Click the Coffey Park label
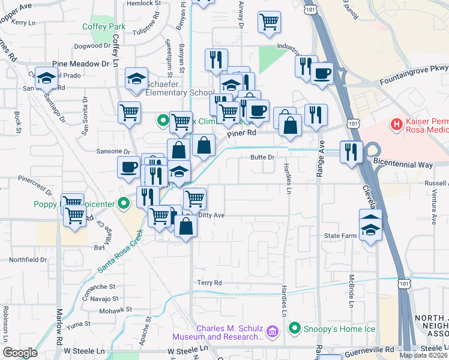click(104, 26)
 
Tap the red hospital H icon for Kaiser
click(396, 125)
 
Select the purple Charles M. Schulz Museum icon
click(272, 331)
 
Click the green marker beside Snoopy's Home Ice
click(294, 328)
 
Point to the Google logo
click(20, 353)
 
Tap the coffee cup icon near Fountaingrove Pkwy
click(321, 74)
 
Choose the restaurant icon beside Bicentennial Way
click(351, 151)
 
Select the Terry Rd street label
click(209, 283)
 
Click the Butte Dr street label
click(262, 157)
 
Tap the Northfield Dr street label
click(28, 260)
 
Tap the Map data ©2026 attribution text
click(423, 355)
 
